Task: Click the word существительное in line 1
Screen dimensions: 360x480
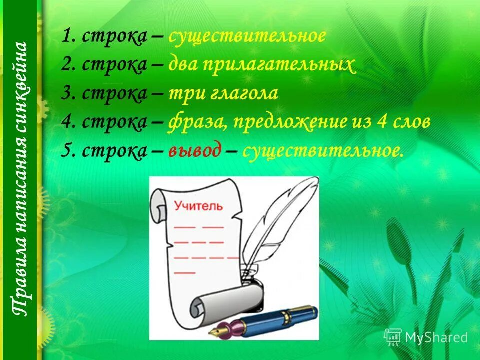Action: (x=247, y=36)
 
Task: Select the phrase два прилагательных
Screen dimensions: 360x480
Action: (x=262, y=65)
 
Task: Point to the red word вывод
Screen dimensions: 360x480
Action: (x=194, y=151)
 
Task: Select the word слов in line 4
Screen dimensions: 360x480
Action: (x=413, y=122)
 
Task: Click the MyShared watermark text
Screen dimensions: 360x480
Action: (x=436, y=337)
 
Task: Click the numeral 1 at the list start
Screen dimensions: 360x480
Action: (x=66, y=36)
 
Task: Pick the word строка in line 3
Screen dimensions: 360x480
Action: (x=114, y=94)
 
